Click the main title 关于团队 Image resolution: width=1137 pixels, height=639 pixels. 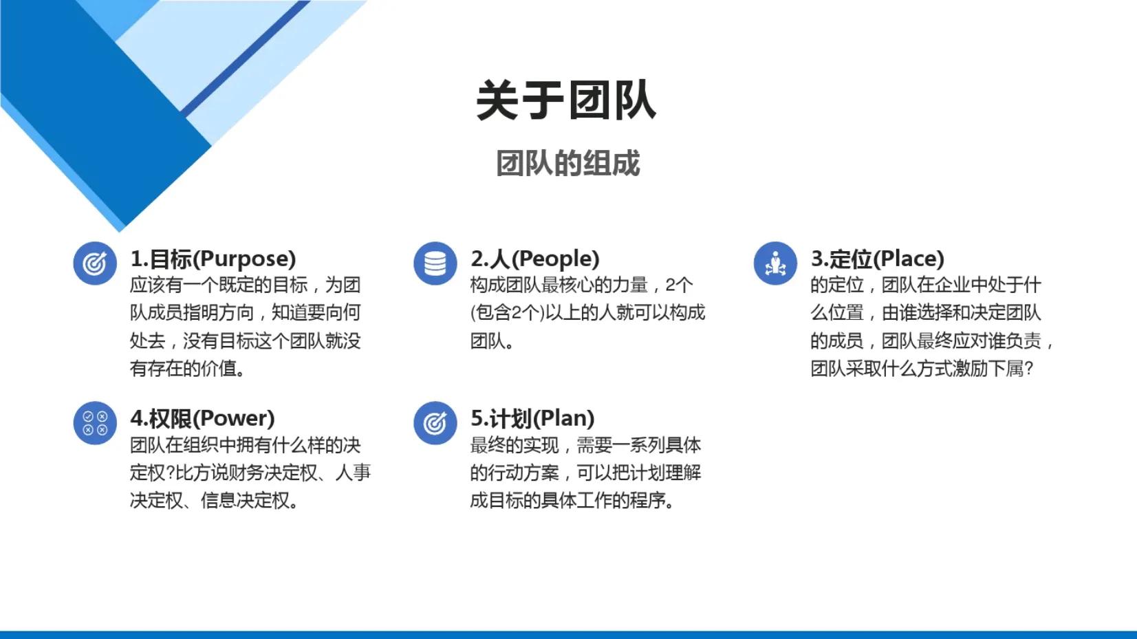tap(566, 100)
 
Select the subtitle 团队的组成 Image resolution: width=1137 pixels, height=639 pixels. tap(568, 164)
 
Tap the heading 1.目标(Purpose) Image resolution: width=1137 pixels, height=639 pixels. tap(213, 259)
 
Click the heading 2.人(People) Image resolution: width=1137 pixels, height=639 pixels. tap(534, 259)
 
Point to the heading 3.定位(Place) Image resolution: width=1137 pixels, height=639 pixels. tap(877, 259)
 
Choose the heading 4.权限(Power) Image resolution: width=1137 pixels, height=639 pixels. tap(202, 418)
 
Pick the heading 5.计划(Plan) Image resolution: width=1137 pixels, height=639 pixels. tap(532, 418)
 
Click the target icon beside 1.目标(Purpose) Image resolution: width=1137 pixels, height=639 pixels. tap(95, 263)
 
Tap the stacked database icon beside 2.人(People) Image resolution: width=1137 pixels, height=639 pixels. tap(435, 263)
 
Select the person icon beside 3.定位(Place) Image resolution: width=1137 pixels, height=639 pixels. tap(775, 263)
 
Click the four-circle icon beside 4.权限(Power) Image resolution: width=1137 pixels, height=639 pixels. tap(95, 423)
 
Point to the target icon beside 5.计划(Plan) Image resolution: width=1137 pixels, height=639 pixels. tap(435, 423)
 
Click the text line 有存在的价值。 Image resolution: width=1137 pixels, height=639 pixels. tap(188, 369)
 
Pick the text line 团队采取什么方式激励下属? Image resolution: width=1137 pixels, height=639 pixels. tap(922, 369)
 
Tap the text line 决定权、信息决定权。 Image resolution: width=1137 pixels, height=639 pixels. tap(215, 501)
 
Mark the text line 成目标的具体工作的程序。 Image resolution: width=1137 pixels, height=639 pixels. tap(572, 501)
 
